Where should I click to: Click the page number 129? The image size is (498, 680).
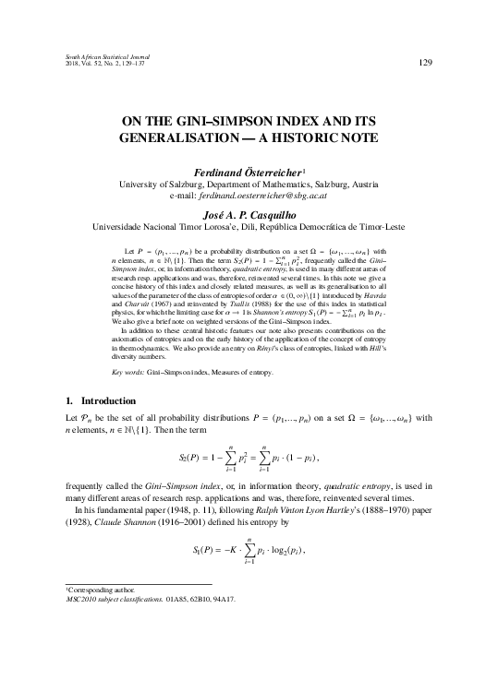tap(426, 63)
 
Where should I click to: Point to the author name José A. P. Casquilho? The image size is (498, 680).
tap(248, 211)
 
